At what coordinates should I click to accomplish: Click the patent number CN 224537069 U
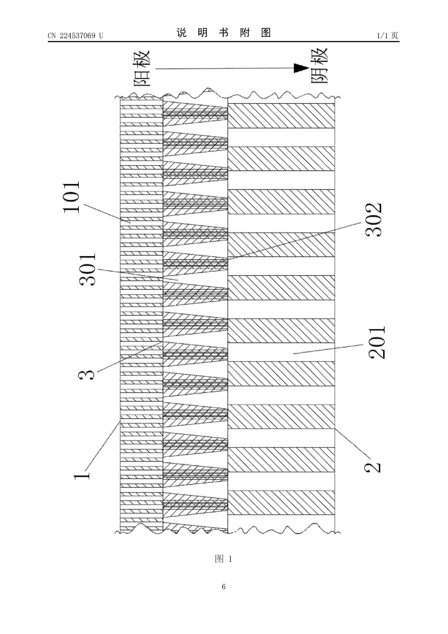75,36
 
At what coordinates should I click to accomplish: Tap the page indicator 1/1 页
387,36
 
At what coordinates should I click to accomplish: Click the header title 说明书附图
224,33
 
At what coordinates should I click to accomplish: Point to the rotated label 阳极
142,68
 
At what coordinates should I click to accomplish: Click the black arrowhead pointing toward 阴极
301,68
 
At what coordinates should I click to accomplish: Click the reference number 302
373,220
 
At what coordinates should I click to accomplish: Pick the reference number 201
376,342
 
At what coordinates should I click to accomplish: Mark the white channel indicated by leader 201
281,352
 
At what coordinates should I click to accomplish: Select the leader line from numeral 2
352,442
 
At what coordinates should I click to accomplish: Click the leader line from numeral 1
103,447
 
